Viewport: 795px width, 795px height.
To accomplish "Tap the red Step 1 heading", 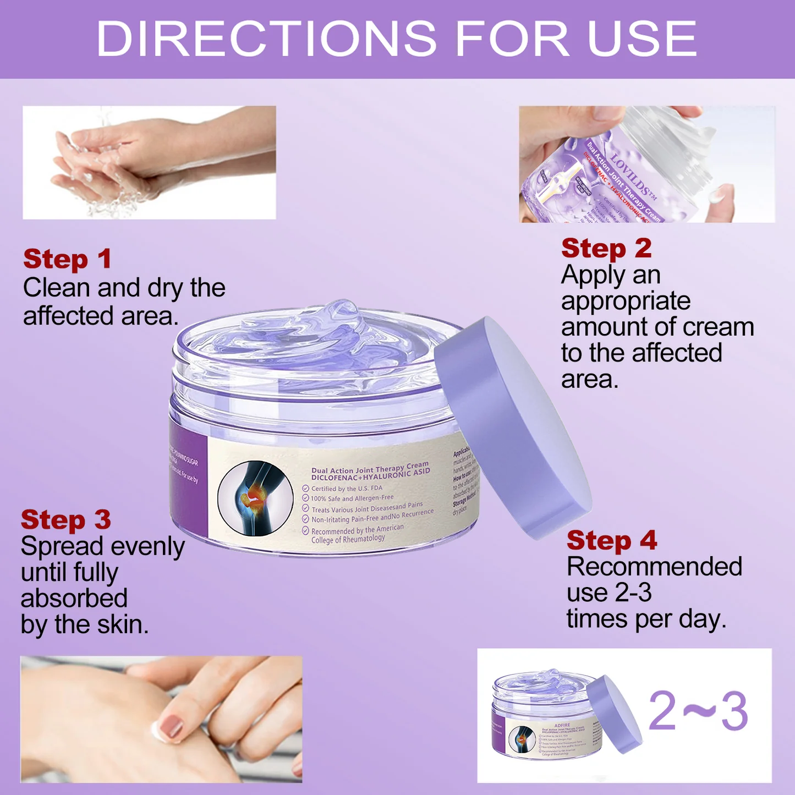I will click(x=67, y=259).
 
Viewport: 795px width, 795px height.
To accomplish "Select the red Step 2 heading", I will click(x=606, y=249).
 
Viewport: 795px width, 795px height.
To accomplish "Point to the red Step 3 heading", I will click(x=65, y=520).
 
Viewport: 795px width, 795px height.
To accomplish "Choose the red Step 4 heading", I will click(x=612, y=540).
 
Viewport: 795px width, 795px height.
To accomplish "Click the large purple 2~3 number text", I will click(x=698, y=712).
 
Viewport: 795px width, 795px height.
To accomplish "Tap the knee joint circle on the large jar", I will click(x=255, y=498).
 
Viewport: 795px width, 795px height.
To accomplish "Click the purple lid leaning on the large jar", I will click(x=512, y=426).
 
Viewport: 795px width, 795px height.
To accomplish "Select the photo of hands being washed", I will click(x=149, y=163).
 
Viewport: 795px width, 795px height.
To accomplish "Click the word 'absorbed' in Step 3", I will click(x=74, y=599).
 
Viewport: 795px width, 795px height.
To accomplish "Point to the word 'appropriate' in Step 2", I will click(x=626, y=301).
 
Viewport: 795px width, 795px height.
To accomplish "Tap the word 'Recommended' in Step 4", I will click(x=654, y=567).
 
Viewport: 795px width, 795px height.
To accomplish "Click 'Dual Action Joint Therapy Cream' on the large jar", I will click(x=370, y=468).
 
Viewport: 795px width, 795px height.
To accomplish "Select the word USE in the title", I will click(x=642, y=39).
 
